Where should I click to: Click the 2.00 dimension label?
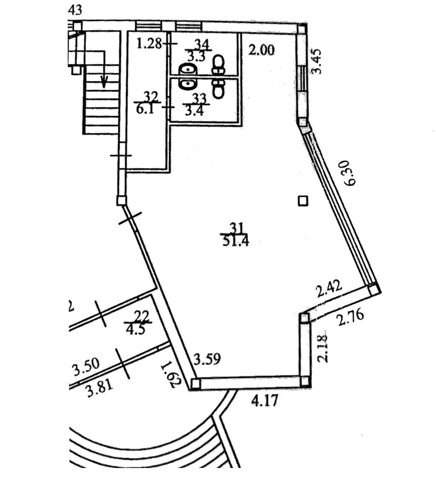pos(261,49)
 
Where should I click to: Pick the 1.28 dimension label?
pos(149,44)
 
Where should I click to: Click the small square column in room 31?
pos(303,201)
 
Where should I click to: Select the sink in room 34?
pos(188,69)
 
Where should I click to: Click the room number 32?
pos(151,97)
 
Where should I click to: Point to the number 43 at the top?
pos(75,10)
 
